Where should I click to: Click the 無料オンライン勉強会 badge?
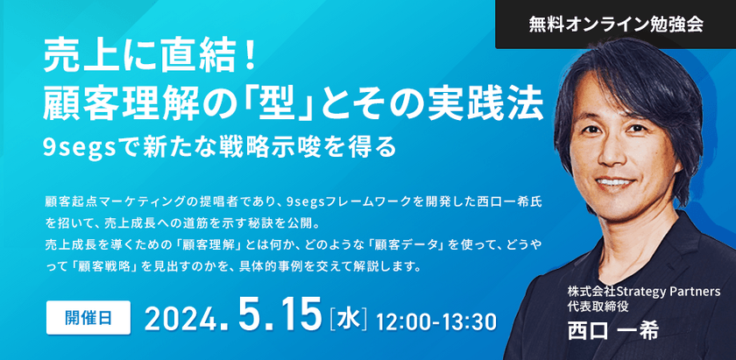click(x=615, y=25)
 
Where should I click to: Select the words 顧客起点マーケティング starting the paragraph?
click(x=120, y=201)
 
